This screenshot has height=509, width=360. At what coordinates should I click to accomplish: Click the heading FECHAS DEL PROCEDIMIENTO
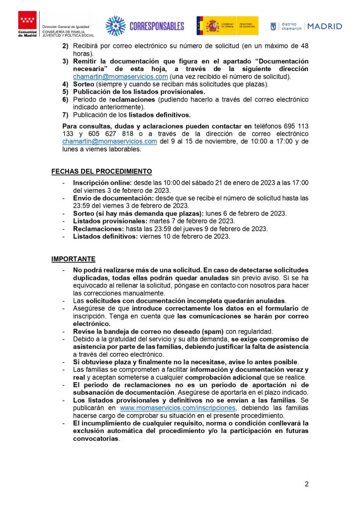pyautogui.click(x=101, y=171)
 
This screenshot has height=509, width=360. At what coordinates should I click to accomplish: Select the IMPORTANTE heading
pyautogui.click(x=73, y=259)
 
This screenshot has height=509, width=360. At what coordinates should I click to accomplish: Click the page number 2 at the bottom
pyautogui.click(x=307, y=484)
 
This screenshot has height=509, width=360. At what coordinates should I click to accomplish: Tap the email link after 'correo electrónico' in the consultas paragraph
pyautogui.click(x=109, y=141)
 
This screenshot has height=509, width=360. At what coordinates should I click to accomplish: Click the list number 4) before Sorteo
pyautogui.click(x=65, y=84)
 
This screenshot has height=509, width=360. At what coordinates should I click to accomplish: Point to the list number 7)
pyautogui.click(x=65, y=114)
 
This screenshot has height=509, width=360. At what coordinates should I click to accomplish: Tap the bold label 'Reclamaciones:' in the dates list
pyautogui.click(x=97, y=229)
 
